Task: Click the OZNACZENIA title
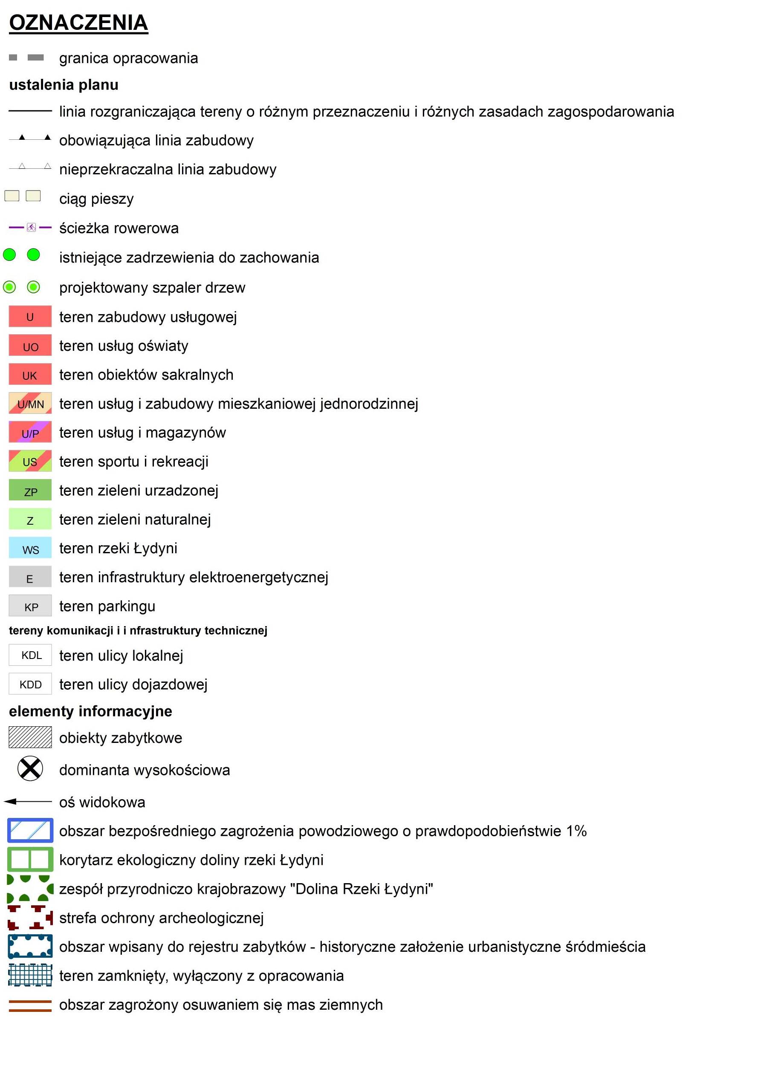coord(78,23)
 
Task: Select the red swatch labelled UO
coord(30,346)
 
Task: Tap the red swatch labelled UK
coord(30,375)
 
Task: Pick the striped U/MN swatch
coord(30,404)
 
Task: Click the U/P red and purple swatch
coord(30,433)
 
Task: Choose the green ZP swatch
coord(30,491)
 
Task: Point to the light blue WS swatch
coord(30,549)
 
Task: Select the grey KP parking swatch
coord(30,607)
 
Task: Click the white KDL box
coord(30,656)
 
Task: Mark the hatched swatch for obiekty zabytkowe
coord(30,738)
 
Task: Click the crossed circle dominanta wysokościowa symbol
coord(30,769)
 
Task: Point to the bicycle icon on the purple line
coord(31,228)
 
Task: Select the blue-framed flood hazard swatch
coord(30,831)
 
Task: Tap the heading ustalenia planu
coord(64,85)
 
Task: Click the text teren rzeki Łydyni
coord(118,549)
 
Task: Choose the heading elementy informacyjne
coord(90,711)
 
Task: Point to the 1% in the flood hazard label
coord(576,831)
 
